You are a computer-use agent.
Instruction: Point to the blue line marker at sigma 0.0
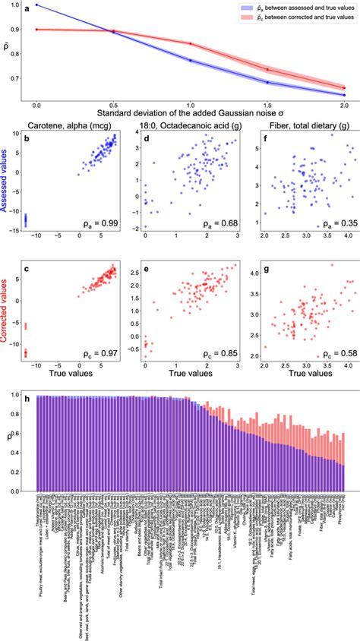pyautogui.click(x=37, y=5)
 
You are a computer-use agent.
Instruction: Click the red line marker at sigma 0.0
pyautogui.click(x=37, y=30)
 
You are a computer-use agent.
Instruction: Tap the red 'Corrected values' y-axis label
pyautogui.click(x=10, y=311)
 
